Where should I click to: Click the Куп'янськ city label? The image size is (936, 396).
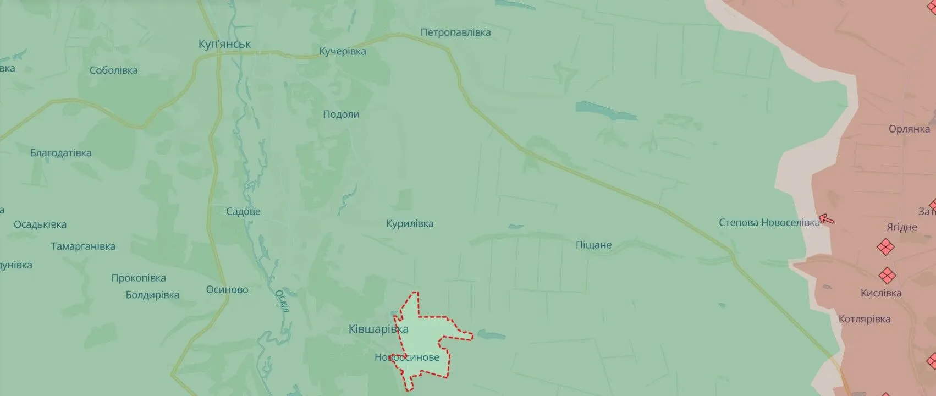pos(224,44)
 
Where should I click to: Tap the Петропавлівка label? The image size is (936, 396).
pos(455,32)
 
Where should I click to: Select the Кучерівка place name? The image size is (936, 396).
pos(343,51)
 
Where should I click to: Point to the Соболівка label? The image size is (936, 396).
pos(113,70)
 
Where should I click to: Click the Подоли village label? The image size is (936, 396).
pos(341,114)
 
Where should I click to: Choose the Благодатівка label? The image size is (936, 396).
pos(60,153)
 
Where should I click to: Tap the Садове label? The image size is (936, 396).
pos(243,211)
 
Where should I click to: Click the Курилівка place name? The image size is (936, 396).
pos(410,224)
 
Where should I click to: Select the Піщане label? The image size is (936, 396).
pos(593,245)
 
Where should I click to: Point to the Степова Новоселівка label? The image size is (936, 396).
pos(769,223)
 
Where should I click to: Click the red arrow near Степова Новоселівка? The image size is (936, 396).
pos(827,219)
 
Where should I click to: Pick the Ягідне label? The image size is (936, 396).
pos(902,227)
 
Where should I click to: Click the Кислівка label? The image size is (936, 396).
pos(880,293)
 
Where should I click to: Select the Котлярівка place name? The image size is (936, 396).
pos(864,319)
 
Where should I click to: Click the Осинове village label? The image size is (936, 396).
pos(227,290)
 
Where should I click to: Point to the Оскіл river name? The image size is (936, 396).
pos(282,301)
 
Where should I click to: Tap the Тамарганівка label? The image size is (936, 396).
pos(83,246)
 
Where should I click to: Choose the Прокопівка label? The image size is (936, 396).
pos(139,278)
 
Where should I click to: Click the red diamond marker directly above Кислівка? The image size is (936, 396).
pos(887,275)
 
